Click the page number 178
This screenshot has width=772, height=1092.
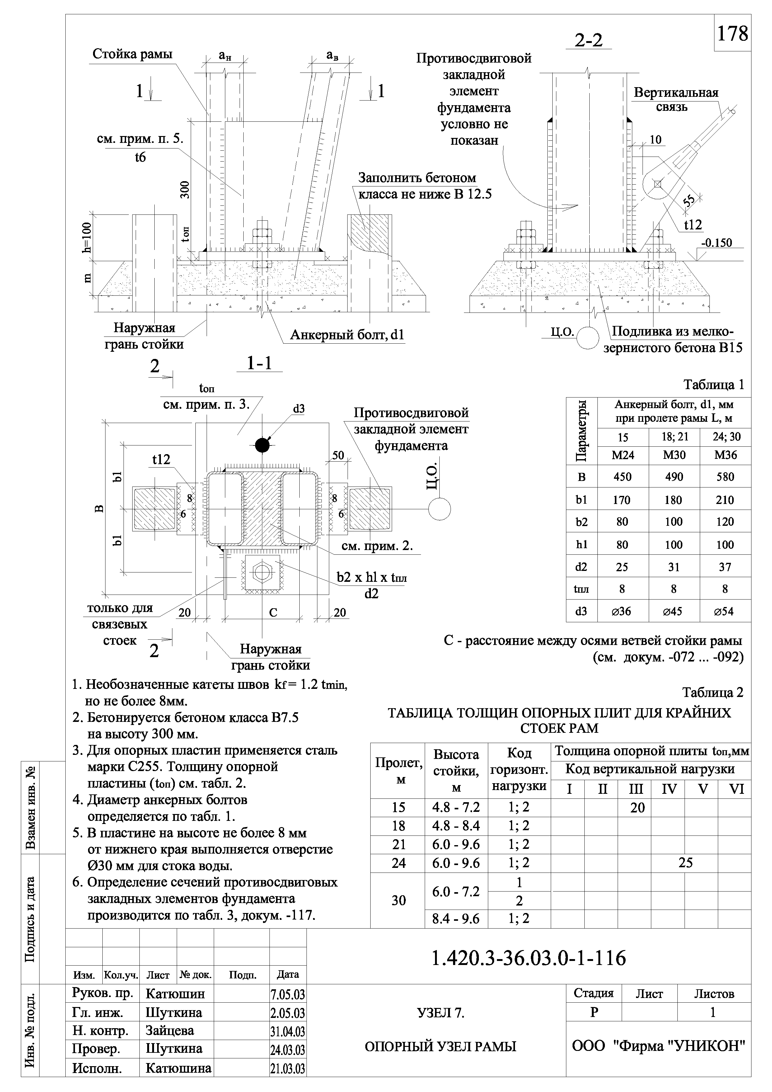click(732, 33)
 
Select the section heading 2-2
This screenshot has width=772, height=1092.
click(588, 40)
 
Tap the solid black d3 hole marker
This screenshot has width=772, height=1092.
click(262, 445)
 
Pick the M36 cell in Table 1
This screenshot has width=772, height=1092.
click(725, 455)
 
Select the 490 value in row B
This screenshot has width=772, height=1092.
click(674, 477)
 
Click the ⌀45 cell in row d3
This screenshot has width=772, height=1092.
click(674, 611)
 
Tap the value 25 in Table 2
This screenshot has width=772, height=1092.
click(685, 863)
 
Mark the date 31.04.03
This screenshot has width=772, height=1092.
click(288, 1032)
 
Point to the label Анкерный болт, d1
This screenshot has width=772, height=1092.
click(347, 335)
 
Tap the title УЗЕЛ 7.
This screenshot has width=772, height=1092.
click(440, 1014)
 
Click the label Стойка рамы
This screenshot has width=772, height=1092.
click(132, 54)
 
